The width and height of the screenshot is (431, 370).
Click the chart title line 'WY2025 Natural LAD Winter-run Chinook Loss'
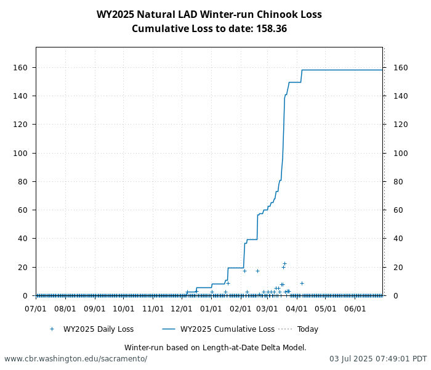pyautogui.click(x=209, y=15)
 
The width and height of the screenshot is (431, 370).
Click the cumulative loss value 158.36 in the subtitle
pyautogui.click(x=273, y=29)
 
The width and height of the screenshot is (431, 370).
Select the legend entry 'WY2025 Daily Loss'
pyautogui.click(x=98, y=329)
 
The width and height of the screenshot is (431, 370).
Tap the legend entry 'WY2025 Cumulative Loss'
pyautogui.click(x=227, y=329)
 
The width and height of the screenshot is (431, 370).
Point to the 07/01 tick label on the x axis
pyautogui.click(x=36, y=308)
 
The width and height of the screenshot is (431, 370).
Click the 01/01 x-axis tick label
pyautogui.click(x=211, y=308)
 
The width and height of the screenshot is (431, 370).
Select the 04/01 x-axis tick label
pyautogui.click(x=297, y=308)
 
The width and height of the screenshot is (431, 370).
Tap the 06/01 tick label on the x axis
pyautogui.click(x=355, y=308)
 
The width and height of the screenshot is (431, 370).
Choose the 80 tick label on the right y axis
pyautogui.click(x=392, y=181)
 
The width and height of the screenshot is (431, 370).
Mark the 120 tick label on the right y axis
pyautogui.click(x=393, y=125)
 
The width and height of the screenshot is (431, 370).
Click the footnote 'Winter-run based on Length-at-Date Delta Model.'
pyautogui.click(x=215, y=348)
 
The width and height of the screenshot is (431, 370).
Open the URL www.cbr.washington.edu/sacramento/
pyautogui.click(x=76, y=359)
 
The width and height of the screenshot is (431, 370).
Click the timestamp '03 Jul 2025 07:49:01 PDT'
pyautogui.click(x=377, y=359)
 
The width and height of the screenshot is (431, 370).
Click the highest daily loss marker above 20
pyautogui.click(x=284, y=263)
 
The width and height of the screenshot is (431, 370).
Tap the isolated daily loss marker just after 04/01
pyautogui.click(x=302, y=283)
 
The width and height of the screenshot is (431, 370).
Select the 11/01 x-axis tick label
pyautogui.click(x=153, y=308)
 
